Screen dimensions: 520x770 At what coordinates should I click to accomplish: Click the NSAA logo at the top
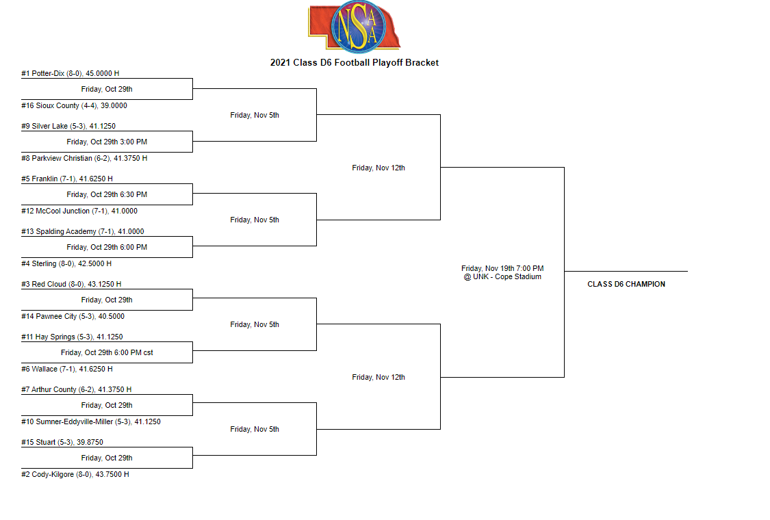coord(353,26)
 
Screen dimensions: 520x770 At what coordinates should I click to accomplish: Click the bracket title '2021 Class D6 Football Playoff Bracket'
coord(354,62)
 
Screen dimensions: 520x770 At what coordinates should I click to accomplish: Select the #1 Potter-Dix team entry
coord(70,73)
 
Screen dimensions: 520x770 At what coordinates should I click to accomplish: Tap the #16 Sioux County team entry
coord(74,105)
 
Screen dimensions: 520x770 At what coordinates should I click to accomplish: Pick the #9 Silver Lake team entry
coord(68,126)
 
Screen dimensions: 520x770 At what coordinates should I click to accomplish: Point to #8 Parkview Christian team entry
coord(84,158)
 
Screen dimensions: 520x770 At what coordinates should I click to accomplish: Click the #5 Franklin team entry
coord(66,179)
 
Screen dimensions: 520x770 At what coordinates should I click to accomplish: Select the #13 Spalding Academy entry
coord(82,231)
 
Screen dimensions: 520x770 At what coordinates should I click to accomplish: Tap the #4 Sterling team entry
coord(66,263)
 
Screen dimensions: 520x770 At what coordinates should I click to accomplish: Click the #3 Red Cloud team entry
coord(70,284)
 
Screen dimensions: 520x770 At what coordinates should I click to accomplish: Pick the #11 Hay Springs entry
coord(70,337)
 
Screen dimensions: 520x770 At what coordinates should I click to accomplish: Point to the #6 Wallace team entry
coord(66,369)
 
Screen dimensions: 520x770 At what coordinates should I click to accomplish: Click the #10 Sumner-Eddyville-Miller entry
coord(90,421)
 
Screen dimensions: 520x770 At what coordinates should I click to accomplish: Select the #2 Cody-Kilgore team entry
coord(75,474)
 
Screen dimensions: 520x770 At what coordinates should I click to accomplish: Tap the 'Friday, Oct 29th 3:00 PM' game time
coord(107,142)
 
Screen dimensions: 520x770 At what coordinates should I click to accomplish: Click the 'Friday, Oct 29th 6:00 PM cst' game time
coord(107,352)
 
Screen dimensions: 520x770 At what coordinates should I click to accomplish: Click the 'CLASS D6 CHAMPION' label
coord(626,284)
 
